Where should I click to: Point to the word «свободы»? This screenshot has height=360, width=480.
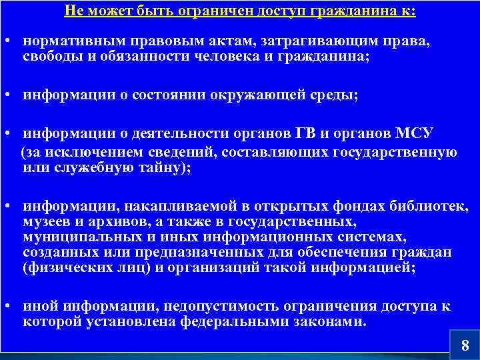pos(48,57)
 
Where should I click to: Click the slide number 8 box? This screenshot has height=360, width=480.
pos(465,345)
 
